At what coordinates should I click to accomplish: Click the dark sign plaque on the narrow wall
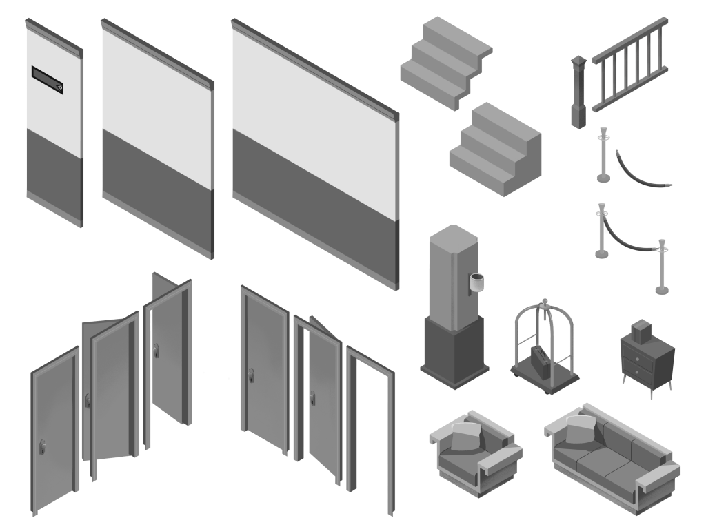(48, 79)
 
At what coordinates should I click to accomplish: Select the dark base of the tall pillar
(454, 351)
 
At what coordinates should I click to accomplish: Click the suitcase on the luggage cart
(539, 359)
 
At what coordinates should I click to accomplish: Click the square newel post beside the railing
(578, 93)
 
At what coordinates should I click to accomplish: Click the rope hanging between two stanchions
(629, 242)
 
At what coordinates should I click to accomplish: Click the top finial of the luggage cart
(545, 301)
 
